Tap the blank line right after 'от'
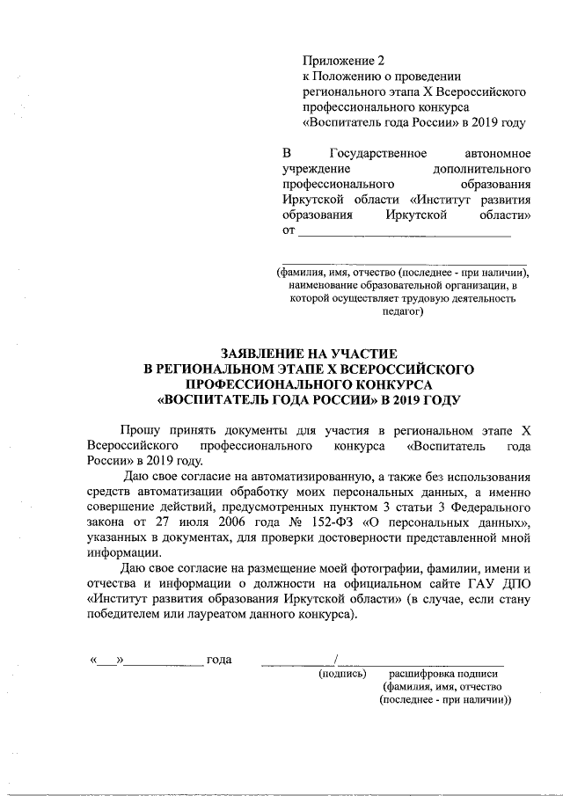coord(405,235)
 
